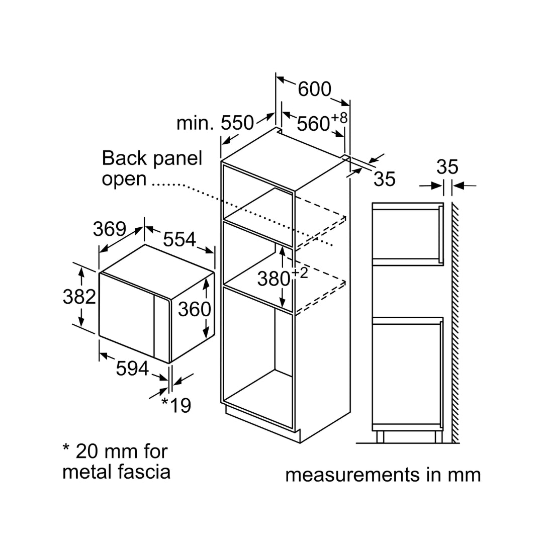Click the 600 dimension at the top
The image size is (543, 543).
coord(314,89)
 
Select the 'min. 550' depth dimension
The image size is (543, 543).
coord(215,123)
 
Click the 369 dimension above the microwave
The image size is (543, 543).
coord(109,229)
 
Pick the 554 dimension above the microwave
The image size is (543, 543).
coord(179,239)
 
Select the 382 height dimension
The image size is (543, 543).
coord(79,297)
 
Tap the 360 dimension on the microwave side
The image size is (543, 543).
coord(195,309)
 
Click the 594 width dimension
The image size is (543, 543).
coord(132,369)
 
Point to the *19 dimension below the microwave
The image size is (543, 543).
coord(176,405)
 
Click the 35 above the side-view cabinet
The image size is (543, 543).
coord(447,167)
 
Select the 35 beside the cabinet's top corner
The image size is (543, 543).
coord(385,179)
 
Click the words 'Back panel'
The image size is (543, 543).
coord(152,158)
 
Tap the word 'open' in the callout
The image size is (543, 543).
coord(124,179)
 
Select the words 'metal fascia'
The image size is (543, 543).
coord(116,472)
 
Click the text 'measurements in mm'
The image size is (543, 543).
coord(383,475)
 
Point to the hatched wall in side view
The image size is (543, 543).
coord(456,322)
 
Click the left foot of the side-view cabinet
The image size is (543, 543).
coord(380,436)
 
